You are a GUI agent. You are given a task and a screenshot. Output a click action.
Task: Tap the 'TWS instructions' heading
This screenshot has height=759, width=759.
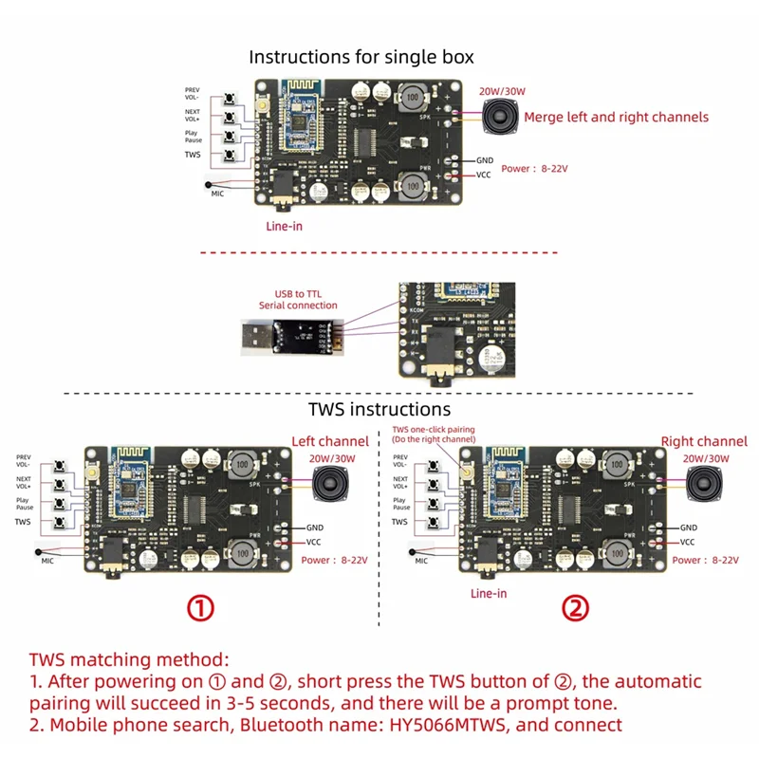tap(379, 409)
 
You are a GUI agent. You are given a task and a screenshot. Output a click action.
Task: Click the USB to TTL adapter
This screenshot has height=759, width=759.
tap(284, 334)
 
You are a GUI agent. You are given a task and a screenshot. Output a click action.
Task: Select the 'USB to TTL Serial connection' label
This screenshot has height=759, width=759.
tap(298, 299)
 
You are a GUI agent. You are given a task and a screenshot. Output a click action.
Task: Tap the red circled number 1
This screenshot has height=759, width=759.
tap(199, 608)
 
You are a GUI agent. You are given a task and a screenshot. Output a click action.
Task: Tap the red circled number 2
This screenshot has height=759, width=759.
tap(575, 608)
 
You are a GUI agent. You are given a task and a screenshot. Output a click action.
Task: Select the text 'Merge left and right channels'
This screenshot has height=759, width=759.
tap(616, 117)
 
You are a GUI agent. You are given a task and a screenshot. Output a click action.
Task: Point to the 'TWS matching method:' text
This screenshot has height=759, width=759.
tap(128, 658)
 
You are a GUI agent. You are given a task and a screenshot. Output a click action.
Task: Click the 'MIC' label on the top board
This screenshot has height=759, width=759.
tap(217, 193)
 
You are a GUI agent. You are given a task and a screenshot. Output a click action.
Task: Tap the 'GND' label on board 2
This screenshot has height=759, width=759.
tap(689, 527)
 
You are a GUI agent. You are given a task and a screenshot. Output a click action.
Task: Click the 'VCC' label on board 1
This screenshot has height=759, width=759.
tap(314, 542)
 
